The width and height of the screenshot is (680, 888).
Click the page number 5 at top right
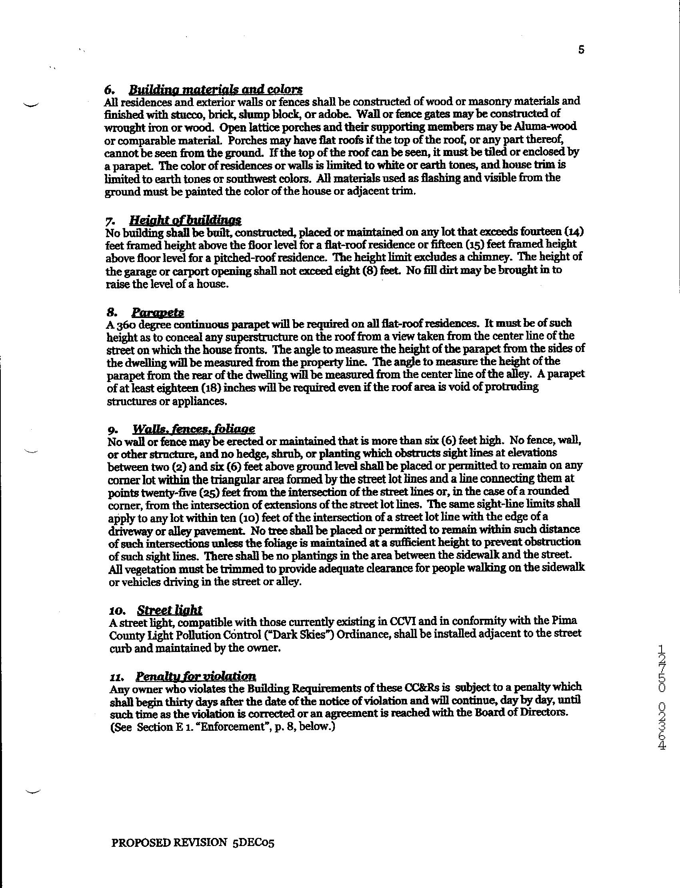[581, 50]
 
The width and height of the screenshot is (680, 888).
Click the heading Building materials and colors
[215, 89]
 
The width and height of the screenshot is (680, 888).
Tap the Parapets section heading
[158, 312]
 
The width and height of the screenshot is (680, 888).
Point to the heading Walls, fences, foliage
[194, 429]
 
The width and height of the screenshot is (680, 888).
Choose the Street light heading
[169, 610]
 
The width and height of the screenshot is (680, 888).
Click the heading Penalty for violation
[196, 676]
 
